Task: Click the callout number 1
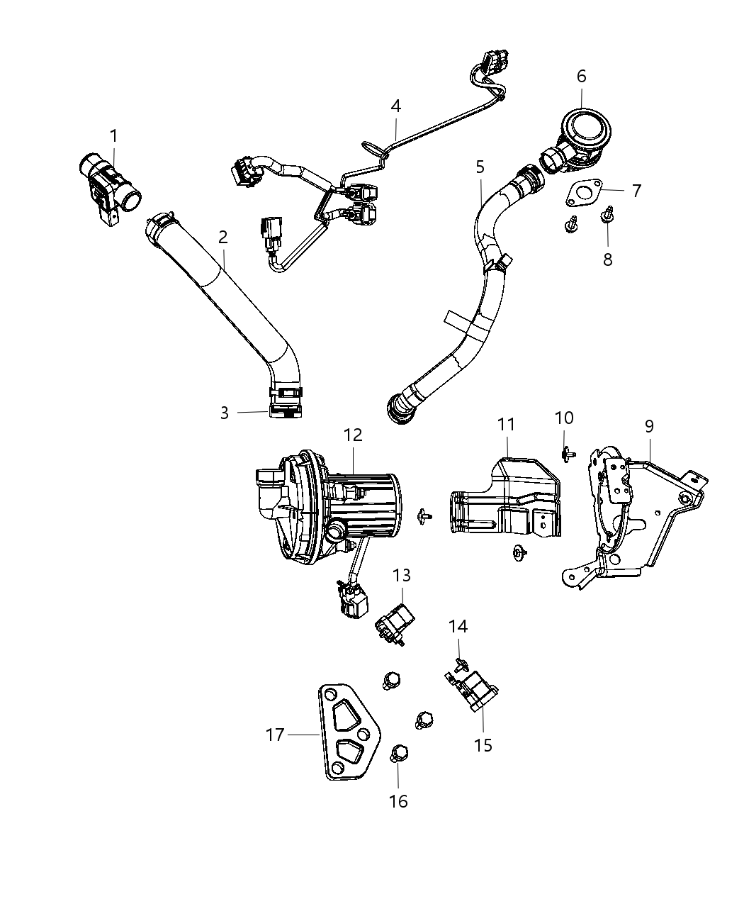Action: [x=113, y=135]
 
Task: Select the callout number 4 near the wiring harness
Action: [x=395, y=106]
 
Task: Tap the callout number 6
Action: [x=581, y=76]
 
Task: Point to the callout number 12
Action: [x=353, y=435]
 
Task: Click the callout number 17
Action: [x=275, y=735]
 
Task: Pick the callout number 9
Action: [x=649, y=426]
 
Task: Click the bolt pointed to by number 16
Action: [x=398, y=754]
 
